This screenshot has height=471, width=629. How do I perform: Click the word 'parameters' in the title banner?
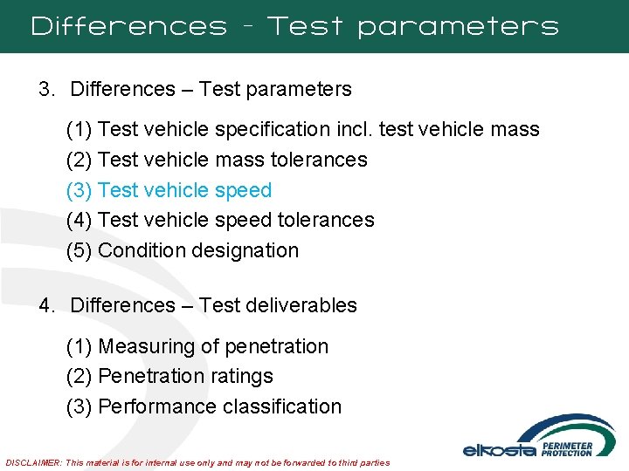[x=458, y=27]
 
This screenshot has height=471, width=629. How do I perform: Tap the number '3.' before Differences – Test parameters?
[x=46, y=89]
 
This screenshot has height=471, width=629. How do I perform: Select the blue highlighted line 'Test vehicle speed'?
[x=184, y=190]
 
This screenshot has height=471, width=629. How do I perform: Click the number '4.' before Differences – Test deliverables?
[x=46, y=305]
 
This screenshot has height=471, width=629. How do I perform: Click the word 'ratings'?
[x=248, y=376]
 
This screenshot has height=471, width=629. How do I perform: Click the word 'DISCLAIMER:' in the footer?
[x=33, y=462]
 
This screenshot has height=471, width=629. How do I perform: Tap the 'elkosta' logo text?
[x=499, y=450]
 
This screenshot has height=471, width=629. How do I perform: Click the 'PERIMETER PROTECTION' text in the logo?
[x=567, y=448]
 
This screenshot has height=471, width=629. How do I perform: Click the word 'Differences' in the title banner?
[x=128, y=27]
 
